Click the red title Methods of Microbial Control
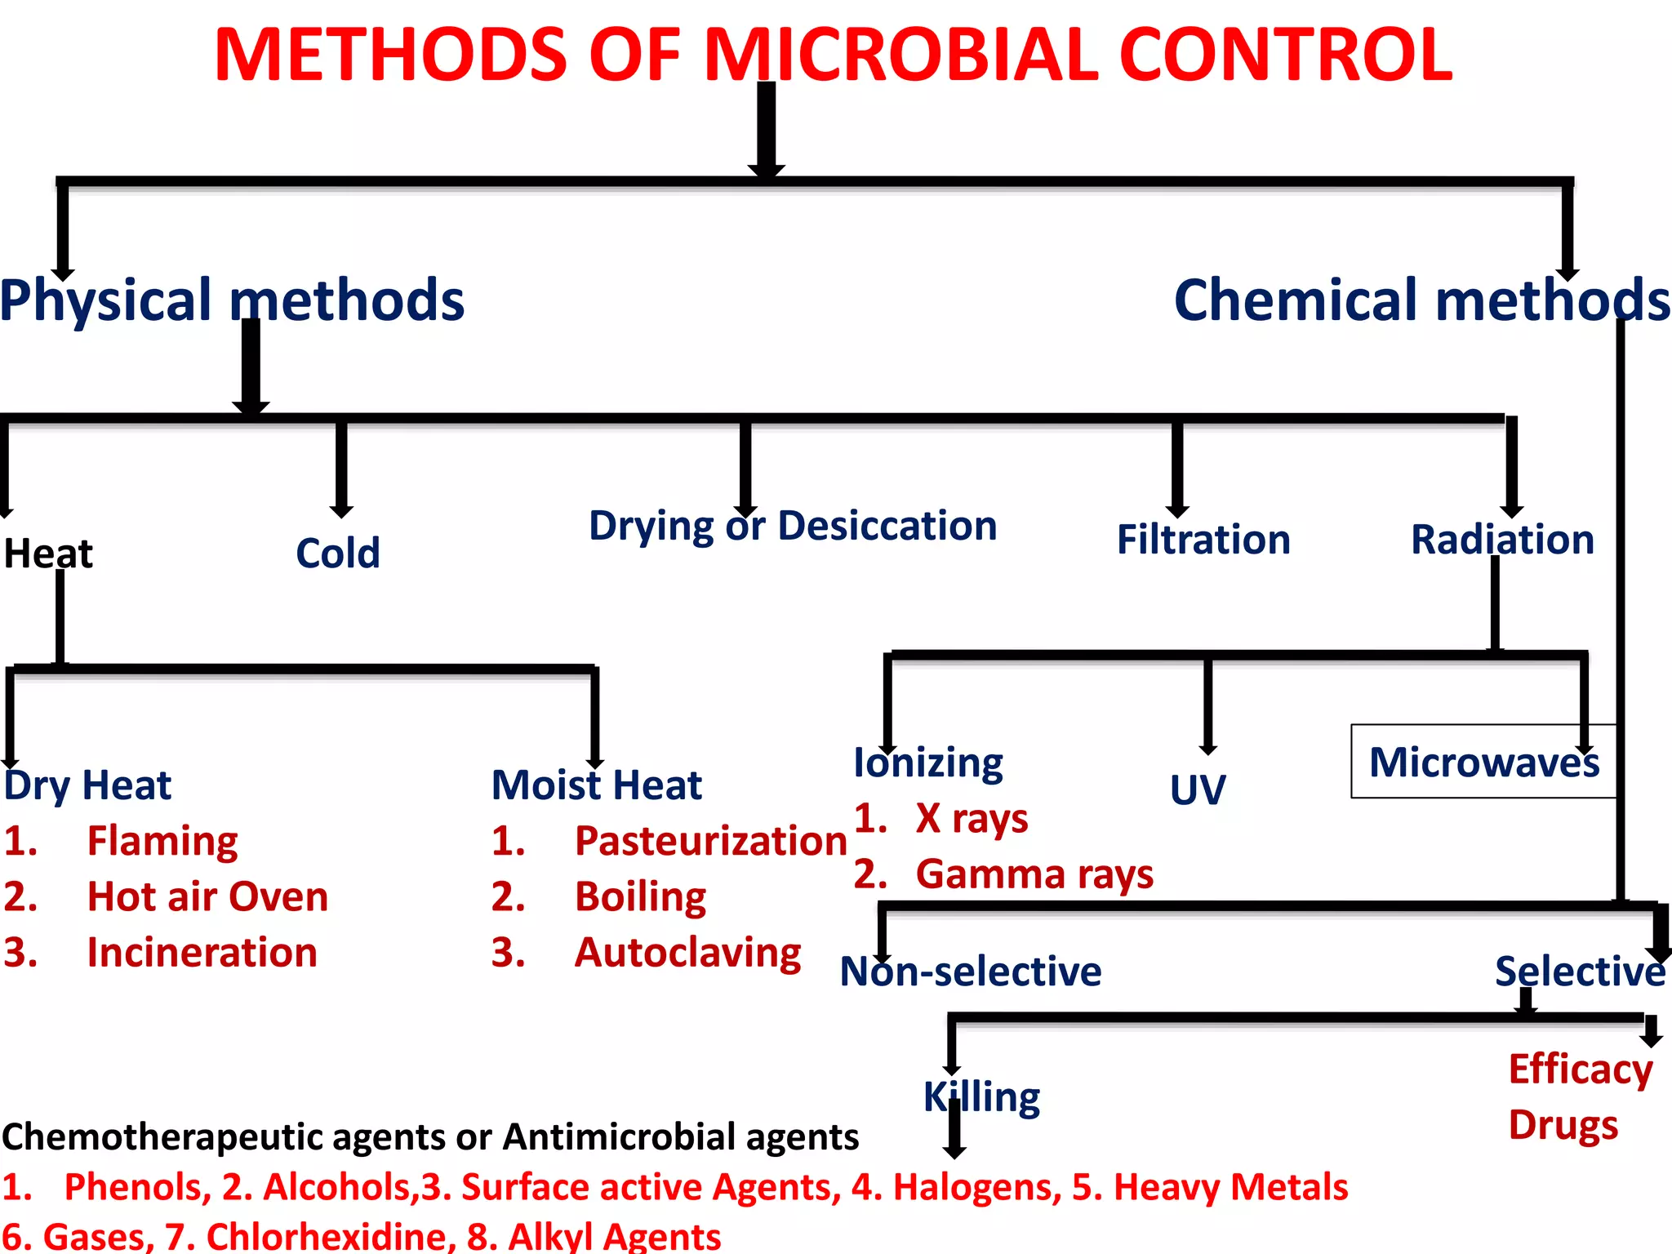click(x=833, y=56)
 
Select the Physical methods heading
click(x=233, y=300)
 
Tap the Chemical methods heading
click(x=1421, y=300)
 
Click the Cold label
click(x=338, y=553)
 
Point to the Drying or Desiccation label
click(x=793, y=525)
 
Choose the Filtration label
click(x=1203, y=540)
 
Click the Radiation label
click(x=1502, y=540)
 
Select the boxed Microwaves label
click(x=1483, y=762)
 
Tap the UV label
click(x=1198, y=789)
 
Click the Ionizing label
click(x=928, y=763)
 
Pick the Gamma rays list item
click(x=1034, y=874)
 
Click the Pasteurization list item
click(x=710, y=841)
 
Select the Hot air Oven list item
click(x=207, y=896)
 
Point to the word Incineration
click(x=202, y=952)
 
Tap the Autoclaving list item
click(x=687, y=952)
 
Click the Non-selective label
click(x=971, y=971)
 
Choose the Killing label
click(x=981, y=1096)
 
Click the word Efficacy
click(x=1581, y=1069)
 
